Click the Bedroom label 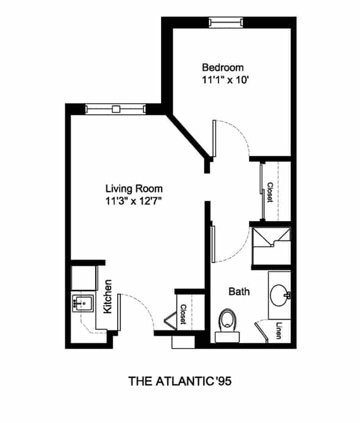coord(223,67)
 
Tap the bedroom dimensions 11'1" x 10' coord(225,80)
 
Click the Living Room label coord(134,189)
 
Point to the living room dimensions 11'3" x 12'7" coord(134,201)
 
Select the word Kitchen coord(108,297)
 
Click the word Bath coord(239,292)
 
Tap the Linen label coord(279,331)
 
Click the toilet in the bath coord(228,326)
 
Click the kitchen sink coord(83,303)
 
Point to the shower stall coord(271,246)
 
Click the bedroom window coord(226,23)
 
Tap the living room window coord(116,109)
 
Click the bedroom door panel coord(214,139)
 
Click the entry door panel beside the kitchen coord(119,312)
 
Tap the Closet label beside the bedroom coord(270,192)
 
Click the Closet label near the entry coord(184,314)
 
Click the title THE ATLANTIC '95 coord(180,381)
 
